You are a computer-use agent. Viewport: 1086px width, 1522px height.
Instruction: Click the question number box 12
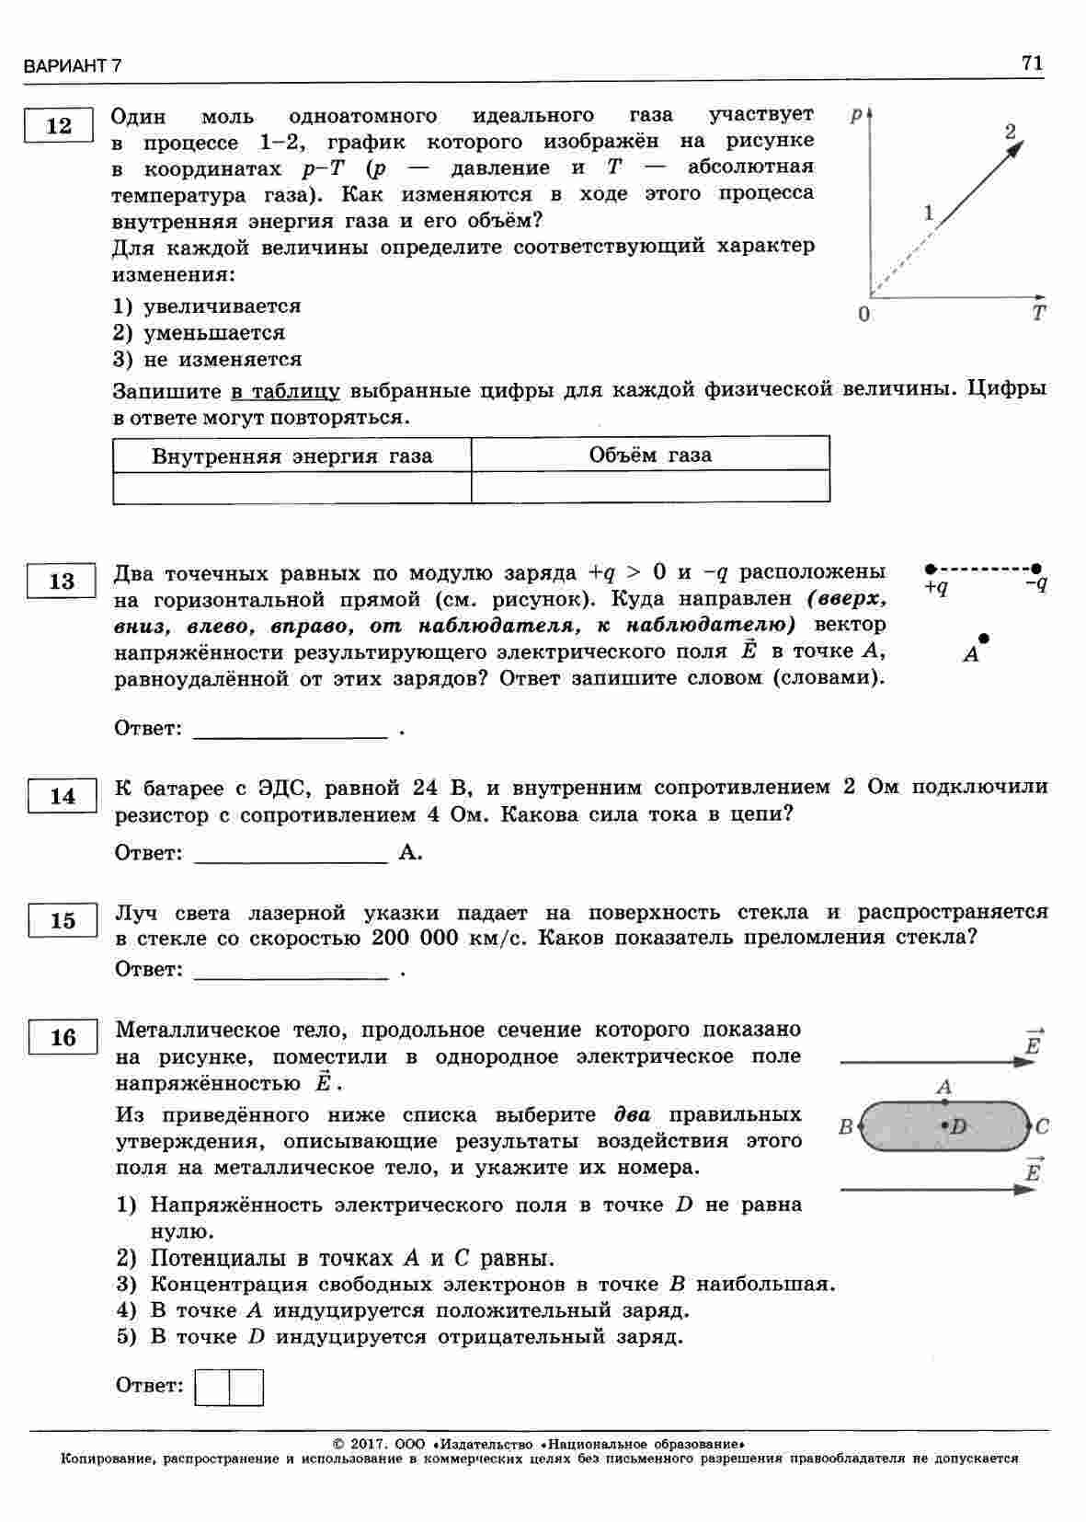coord(58,126)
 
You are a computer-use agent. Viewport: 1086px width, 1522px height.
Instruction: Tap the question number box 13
coord(62,582)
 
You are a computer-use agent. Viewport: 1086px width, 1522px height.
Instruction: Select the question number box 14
coord(63,796)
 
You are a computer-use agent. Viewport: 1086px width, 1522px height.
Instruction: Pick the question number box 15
coord(63,920)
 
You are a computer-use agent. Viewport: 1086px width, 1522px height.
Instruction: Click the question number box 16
coord(63,1037)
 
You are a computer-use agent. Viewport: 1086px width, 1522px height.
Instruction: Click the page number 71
coord(1032,63)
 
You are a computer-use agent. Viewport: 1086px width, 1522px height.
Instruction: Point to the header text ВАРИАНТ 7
coord(74,66)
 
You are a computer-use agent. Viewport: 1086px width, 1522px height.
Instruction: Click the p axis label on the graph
coord(857,114)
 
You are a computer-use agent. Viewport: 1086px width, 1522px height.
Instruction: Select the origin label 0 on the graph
coord(863,314)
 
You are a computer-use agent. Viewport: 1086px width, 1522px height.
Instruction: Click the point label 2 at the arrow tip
coord(1010,132)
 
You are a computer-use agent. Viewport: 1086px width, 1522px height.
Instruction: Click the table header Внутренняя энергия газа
coord(292,456)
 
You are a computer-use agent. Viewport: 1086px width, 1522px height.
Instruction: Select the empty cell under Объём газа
coord(650,487)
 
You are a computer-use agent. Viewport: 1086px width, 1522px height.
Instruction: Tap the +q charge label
coord(936,586)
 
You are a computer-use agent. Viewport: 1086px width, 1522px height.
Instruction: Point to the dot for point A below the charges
coord(984,638)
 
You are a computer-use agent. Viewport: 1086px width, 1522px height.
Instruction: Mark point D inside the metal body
coord(945,1125)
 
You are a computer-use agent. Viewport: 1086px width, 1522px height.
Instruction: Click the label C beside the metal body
coord(1042,1126)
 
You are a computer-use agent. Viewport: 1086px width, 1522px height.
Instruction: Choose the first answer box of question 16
coord(212,1387)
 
